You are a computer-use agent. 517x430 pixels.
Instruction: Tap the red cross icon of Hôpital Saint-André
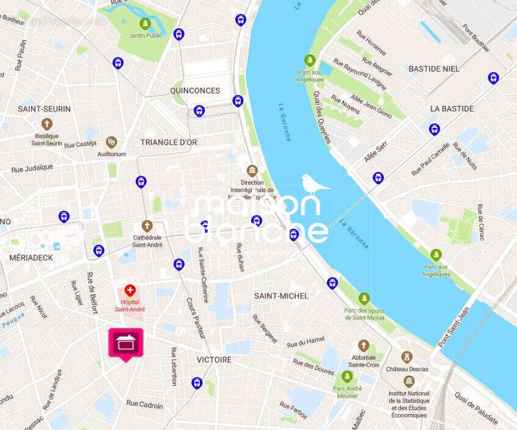pos(129,290)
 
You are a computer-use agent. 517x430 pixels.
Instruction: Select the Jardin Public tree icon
pos(145,24)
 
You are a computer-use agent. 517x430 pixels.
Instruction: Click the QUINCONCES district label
pos(195,91)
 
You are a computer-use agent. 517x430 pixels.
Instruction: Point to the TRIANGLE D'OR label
pos(169,142)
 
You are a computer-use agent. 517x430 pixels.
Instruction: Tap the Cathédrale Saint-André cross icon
pos(147,226)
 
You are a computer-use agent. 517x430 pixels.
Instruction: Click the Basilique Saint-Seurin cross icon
pos(47,124)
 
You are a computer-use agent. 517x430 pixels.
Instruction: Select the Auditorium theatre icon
pos(111,143)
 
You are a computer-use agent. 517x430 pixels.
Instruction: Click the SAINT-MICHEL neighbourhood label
pos(281,295)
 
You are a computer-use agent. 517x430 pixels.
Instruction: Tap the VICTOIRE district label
pos(214,360)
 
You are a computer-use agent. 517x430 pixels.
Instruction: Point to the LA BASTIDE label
pos(452,108)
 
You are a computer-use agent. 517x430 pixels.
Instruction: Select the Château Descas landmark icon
pos(407,357)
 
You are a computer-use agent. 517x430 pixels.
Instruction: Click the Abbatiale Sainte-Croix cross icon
pos(364,346)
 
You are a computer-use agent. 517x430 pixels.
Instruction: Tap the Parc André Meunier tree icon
pos(347,376)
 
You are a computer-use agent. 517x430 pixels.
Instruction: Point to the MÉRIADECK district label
pos(31,258)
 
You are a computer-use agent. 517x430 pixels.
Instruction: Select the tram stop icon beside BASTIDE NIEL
pos(493,78)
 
